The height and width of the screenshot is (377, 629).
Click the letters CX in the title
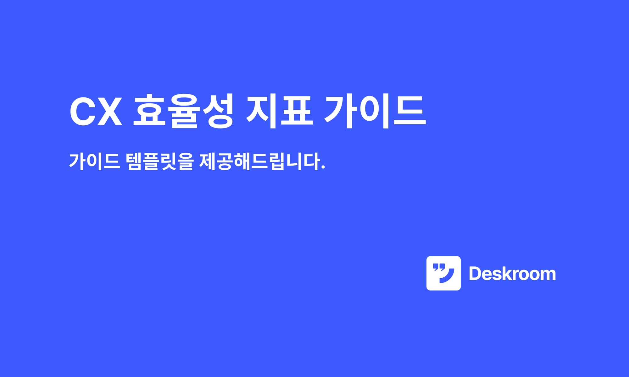[x=96, y=112]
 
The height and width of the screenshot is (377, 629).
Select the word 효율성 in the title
[x=183, y=112]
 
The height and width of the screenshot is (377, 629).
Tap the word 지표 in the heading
[x=279, y=112]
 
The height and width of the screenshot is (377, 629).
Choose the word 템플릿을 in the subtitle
[x=160, y=161]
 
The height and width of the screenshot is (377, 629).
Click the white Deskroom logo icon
[x=443, y=273]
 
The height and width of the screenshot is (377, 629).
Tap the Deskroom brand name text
[x=512, y=274]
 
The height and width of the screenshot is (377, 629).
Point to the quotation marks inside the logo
[x=439, y=267]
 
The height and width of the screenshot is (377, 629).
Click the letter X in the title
[x=109, y=112]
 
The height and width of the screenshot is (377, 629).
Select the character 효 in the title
[x=149, y=112]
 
